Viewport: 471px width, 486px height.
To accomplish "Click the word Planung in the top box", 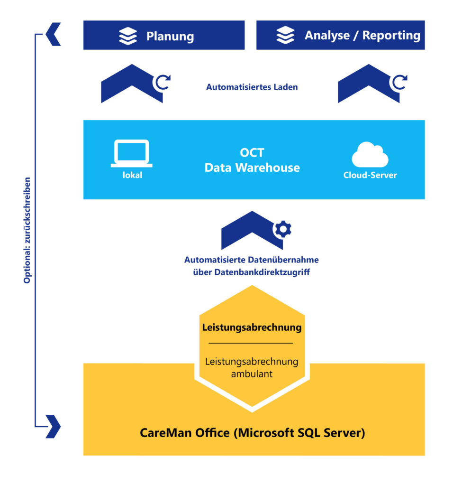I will click(x=170, y=36).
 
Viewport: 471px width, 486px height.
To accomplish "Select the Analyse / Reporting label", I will click(x=362, y=36).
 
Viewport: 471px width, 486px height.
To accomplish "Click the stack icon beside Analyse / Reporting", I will click(x=285, y=36).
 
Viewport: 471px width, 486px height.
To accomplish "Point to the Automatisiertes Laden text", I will click(x=252, y=87).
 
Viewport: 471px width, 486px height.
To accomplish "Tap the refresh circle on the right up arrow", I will click(x=398, y=83).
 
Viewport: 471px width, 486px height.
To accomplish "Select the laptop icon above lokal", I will click(x=131, y=153).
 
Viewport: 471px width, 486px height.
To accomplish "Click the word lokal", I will click(x=131, y=175).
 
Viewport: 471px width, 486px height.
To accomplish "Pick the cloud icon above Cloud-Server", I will click(x=370, y=154).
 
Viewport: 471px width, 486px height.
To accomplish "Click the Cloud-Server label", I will click(x=370, y=175).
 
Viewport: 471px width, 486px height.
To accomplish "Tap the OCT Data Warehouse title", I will click(x=252, y=160).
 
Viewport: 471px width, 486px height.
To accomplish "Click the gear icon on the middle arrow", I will click(x=283, y=229).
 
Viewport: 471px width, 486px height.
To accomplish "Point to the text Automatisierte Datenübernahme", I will click(x=251, y=260).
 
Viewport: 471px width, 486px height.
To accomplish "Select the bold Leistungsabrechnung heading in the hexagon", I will click(x=252, y=327).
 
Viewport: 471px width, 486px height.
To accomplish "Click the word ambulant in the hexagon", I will click(x=252, y=374).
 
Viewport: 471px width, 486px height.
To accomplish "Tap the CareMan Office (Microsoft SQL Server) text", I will click(x=252, y=433).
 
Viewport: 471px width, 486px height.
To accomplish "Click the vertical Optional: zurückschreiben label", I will click(x=27, y=231).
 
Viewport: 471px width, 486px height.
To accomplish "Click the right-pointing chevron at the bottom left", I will click(x=53, y=426).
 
